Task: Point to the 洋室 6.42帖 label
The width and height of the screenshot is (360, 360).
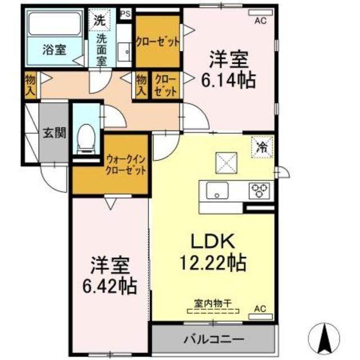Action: coord(110,276)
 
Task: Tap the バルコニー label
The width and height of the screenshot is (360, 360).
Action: coord(213,340)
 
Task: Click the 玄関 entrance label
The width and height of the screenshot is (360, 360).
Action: coord(55,133)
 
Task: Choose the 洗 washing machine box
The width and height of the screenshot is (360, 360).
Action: coord(100,21)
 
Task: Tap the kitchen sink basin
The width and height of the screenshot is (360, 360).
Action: coord(217,191)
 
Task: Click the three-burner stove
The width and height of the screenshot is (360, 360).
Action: coord(259,191)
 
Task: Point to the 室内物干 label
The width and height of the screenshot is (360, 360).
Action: coord(213,303)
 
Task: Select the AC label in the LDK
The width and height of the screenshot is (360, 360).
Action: coord(260,308)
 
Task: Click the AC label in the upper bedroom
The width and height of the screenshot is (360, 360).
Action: coord(260,21)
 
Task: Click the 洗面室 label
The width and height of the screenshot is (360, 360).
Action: coord(102,49)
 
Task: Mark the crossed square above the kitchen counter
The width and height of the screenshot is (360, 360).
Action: coord(228,164)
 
